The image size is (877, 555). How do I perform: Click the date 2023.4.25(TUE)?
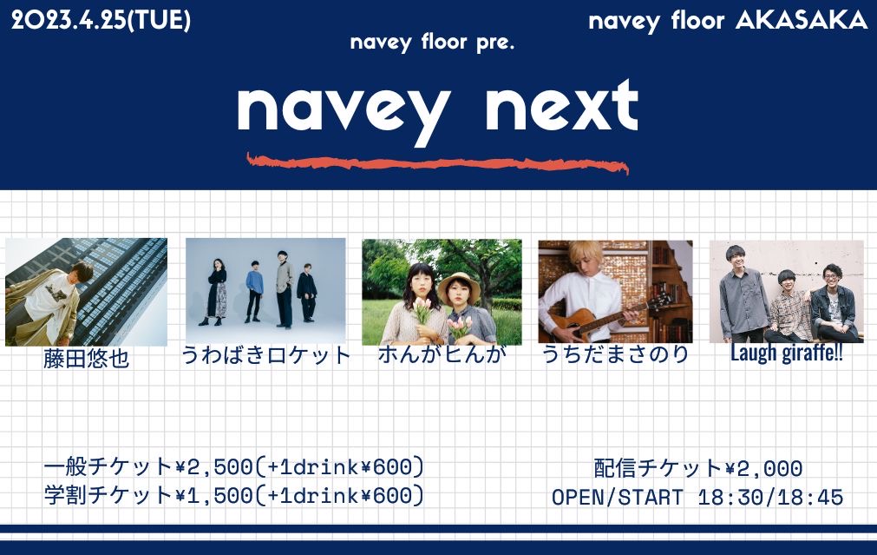point(101,21)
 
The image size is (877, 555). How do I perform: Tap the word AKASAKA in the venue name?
point(802,21)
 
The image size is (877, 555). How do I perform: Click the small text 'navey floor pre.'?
point(432,43)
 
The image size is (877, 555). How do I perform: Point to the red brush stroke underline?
point(437,163)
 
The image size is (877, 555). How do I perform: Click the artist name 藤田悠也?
point(86,359)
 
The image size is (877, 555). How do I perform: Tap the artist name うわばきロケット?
point(265,355)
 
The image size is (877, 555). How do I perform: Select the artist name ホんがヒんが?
point(442,354)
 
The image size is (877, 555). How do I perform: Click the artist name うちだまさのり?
point(615,354)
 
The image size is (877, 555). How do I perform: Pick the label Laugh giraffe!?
point(787,353)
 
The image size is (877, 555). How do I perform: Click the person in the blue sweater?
point(254,291)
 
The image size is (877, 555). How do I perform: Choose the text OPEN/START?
point(618,498)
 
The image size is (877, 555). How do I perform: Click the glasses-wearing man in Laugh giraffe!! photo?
point(834,303)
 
